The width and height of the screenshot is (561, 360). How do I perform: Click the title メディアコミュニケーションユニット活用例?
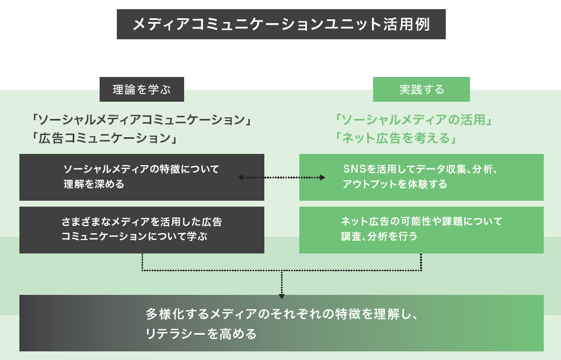click(x=280, y=24)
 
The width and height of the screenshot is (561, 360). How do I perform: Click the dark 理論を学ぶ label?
click(x=142, y=90)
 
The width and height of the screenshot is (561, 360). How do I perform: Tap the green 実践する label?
click(x=422, y=90)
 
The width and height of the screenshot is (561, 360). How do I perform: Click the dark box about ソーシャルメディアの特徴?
click(x=142, y=177)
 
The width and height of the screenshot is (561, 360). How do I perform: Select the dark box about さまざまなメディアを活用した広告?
click(x=142, y=230)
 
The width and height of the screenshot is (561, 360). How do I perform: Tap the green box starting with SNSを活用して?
click(x=422, y=177)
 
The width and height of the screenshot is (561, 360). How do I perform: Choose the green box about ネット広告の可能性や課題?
click(x=422, y=230)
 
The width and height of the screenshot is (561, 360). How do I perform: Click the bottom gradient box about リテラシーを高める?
click(x=281, y=323)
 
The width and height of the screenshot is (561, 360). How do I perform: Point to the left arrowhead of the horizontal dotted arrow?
click(x=241, y=177)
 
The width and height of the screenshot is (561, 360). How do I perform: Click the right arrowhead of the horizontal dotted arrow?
click(x=322, y=177)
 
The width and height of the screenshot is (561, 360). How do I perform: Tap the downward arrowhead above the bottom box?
click(x=282, y=294)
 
